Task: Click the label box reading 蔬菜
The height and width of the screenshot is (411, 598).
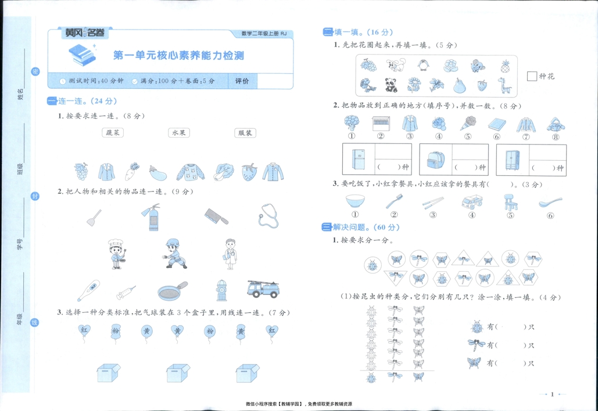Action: (x=112, y=133)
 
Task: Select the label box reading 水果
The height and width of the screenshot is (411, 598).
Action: (x=178, y=133)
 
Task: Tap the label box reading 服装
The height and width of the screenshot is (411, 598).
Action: (x=245, y=133)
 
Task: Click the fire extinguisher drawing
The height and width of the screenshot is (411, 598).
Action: (x=150, y=217)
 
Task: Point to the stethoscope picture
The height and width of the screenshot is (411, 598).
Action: (x=268, y=215)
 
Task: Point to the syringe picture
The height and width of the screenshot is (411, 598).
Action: (x=126, y=291)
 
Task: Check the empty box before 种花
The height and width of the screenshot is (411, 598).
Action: (x=532, y=76)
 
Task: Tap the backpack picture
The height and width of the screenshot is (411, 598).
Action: (x=434, y=159)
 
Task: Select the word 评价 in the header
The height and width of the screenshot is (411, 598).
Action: (x=242, y=81)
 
